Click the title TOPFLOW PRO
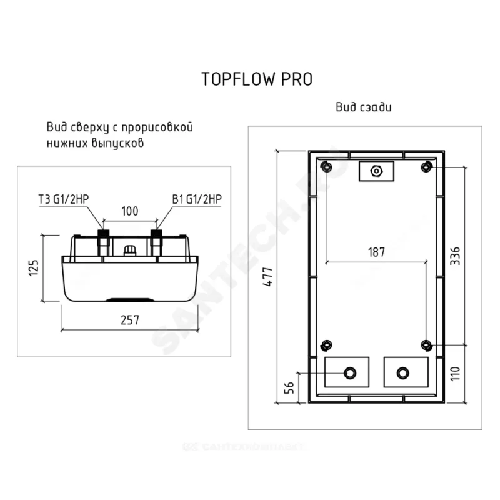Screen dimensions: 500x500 pos(257,79)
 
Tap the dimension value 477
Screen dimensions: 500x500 pos(268,277)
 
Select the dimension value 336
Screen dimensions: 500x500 pos(455,256)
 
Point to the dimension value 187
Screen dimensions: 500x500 pos(376,252)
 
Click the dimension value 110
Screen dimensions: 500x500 pos(455,373)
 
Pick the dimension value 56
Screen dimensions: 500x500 pos(289,387)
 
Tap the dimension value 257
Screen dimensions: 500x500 pos(130,320)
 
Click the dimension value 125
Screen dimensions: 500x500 pos(34,268)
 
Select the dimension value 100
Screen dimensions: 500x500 pos(130,211)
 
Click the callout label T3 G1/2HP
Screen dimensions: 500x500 pos(64,199)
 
